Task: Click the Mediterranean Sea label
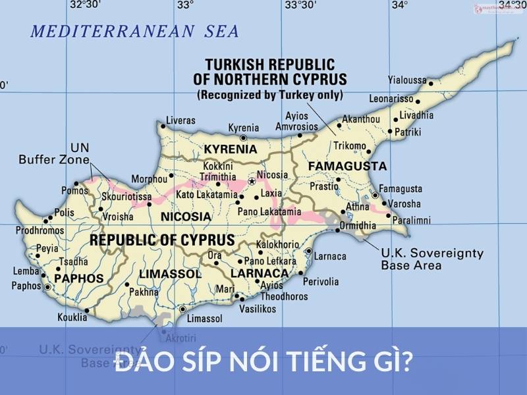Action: [x=134, y=31]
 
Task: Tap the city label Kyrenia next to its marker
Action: [x=243, y=128]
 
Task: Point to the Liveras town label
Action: [x=180, y=120]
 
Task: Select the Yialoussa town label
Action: [x=407, y=80]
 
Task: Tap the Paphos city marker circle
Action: [x=47, y=286]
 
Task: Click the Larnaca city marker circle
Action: [x=309, y=251]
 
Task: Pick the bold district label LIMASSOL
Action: [x=170, y=273]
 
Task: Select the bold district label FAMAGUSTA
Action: [x=347, y=166]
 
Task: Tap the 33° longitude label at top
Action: [x=185, y=5]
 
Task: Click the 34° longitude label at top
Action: [x=399, y=5]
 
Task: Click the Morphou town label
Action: [x=150, y=178]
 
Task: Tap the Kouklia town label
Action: [x=72, y=317]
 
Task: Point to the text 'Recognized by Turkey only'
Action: [x=270, y=95]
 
